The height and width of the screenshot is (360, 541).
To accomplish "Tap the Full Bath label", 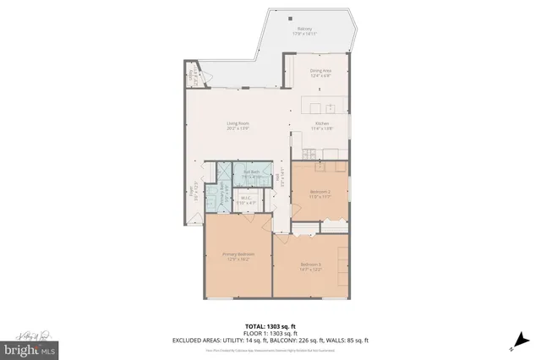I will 249,174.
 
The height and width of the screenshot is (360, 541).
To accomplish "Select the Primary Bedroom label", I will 238,256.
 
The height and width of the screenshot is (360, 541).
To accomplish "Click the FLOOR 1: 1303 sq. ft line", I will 270,333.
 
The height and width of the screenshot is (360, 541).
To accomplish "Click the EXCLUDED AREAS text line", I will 270,340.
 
